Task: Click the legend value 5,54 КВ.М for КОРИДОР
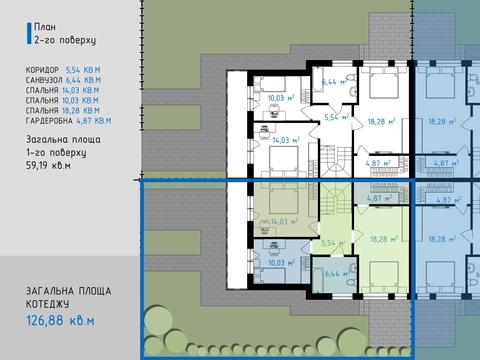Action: pyautogui.click(x=83, y=70)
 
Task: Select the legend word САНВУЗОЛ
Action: pyautogui.click(x=44, y=80)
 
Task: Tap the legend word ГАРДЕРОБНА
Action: pyautogui.click(x=49, y=121)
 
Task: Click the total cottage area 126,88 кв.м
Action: pyautogui.click(x=60, y=321)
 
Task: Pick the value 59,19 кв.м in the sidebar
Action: pyautogui.click(x=48, y=165)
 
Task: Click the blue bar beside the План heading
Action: pyautogui.click(x=29, y=33)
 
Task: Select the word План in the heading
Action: pyautogui.click(x=45, y=27)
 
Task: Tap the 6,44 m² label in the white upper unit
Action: pyautogui.click(x=334, y=81)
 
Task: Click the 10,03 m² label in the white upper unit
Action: pyautogui.click(x=281, y=98)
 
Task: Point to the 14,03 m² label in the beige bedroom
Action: pyautogui.click(x=284, y=221)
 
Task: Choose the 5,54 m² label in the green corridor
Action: pyautogui.click(x=333, y=243)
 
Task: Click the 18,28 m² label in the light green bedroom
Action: pyautogui.click(x=383, y=239)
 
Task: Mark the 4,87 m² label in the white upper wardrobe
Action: pyautogui.click(x=378, y=163)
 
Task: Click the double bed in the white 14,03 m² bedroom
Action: pyautogui.click(x=284, y=161)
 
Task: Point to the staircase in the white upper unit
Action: pyautogui.click(x=336, y=161)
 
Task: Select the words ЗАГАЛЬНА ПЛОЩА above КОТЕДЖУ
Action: pyautogui.click(x=69, y=291)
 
